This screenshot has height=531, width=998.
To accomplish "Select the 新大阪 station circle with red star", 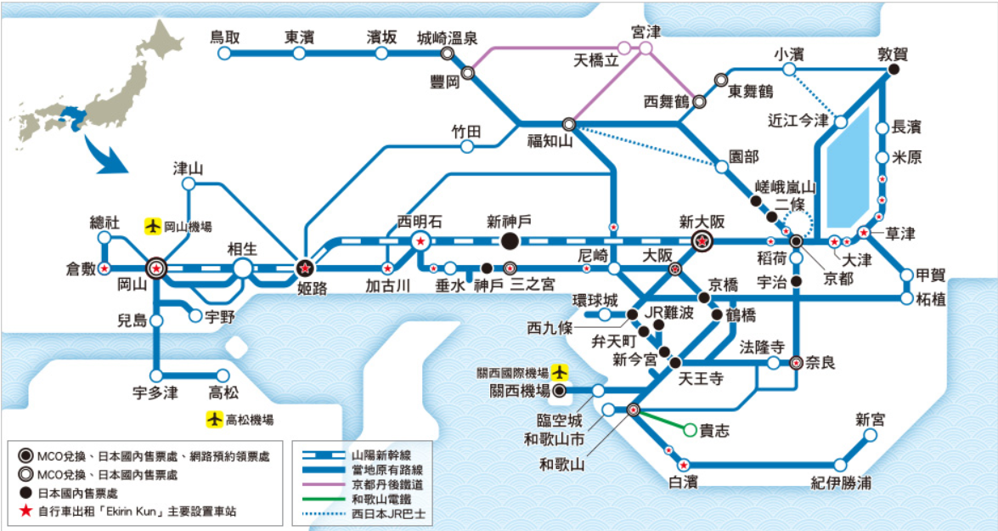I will [x=702, y=241].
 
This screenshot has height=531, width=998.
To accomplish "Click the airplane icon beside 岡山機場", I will [x=153, y=227].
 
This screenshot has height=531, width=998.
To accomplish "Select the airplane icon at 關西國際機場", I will [x=559, y=372].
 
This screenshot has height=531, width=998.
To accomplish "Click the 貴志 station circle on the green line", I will [x=690, y=430].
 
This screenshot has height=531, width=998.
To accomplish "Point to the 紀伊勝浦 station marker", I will [x=840, y=465].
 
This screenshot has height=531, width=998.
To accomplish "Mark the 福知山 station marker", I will [x=568, y=124].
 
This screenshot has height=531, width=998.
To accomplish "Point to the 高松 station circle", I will [x=223, y=376].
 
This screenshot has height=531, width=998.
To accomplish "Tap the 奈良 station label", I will [x=821, y=363].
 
